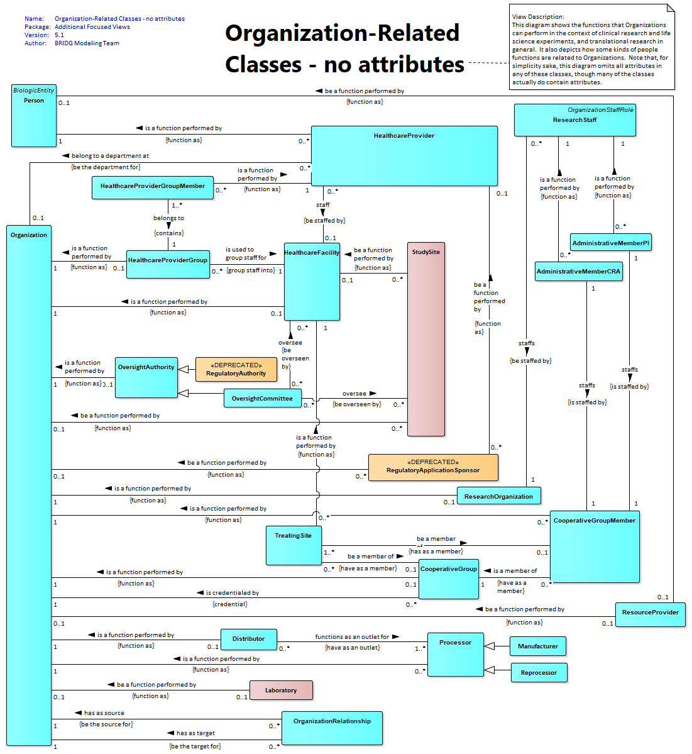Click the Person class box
[x=34, y=116]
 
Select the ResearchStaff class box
[x=574, y=120]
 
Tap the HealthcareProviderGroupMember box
[x=153, y=187]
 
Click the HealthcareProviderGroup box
[x=168, y=264]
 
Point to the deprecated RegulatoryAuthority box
[x=236, y=369]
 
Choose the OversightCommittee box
[x=262, y=398]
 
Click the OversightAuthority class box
[x=146, y=377]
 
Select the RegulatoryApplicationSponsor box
[x=433, y=467]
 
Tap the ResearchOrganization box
[x=499, y=496]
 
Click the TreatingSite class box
[x=294, y=545]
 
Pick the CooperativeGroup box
[x=449, y=579]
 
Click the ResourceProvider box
[x=650, y=614]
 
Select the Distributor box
[x=248, y=640]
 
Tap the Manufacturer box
[x=538, y=646]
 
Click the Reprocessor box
[x=539, y=673]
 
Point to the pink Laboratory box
[x=281, y=690]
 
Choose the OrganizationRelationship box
[x=332, y=728]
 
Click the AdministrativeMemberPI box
[x=611, y=242]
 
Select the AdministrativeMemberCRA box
[x=579, y=271]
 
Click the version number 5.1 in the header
[x=59, y=35]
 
